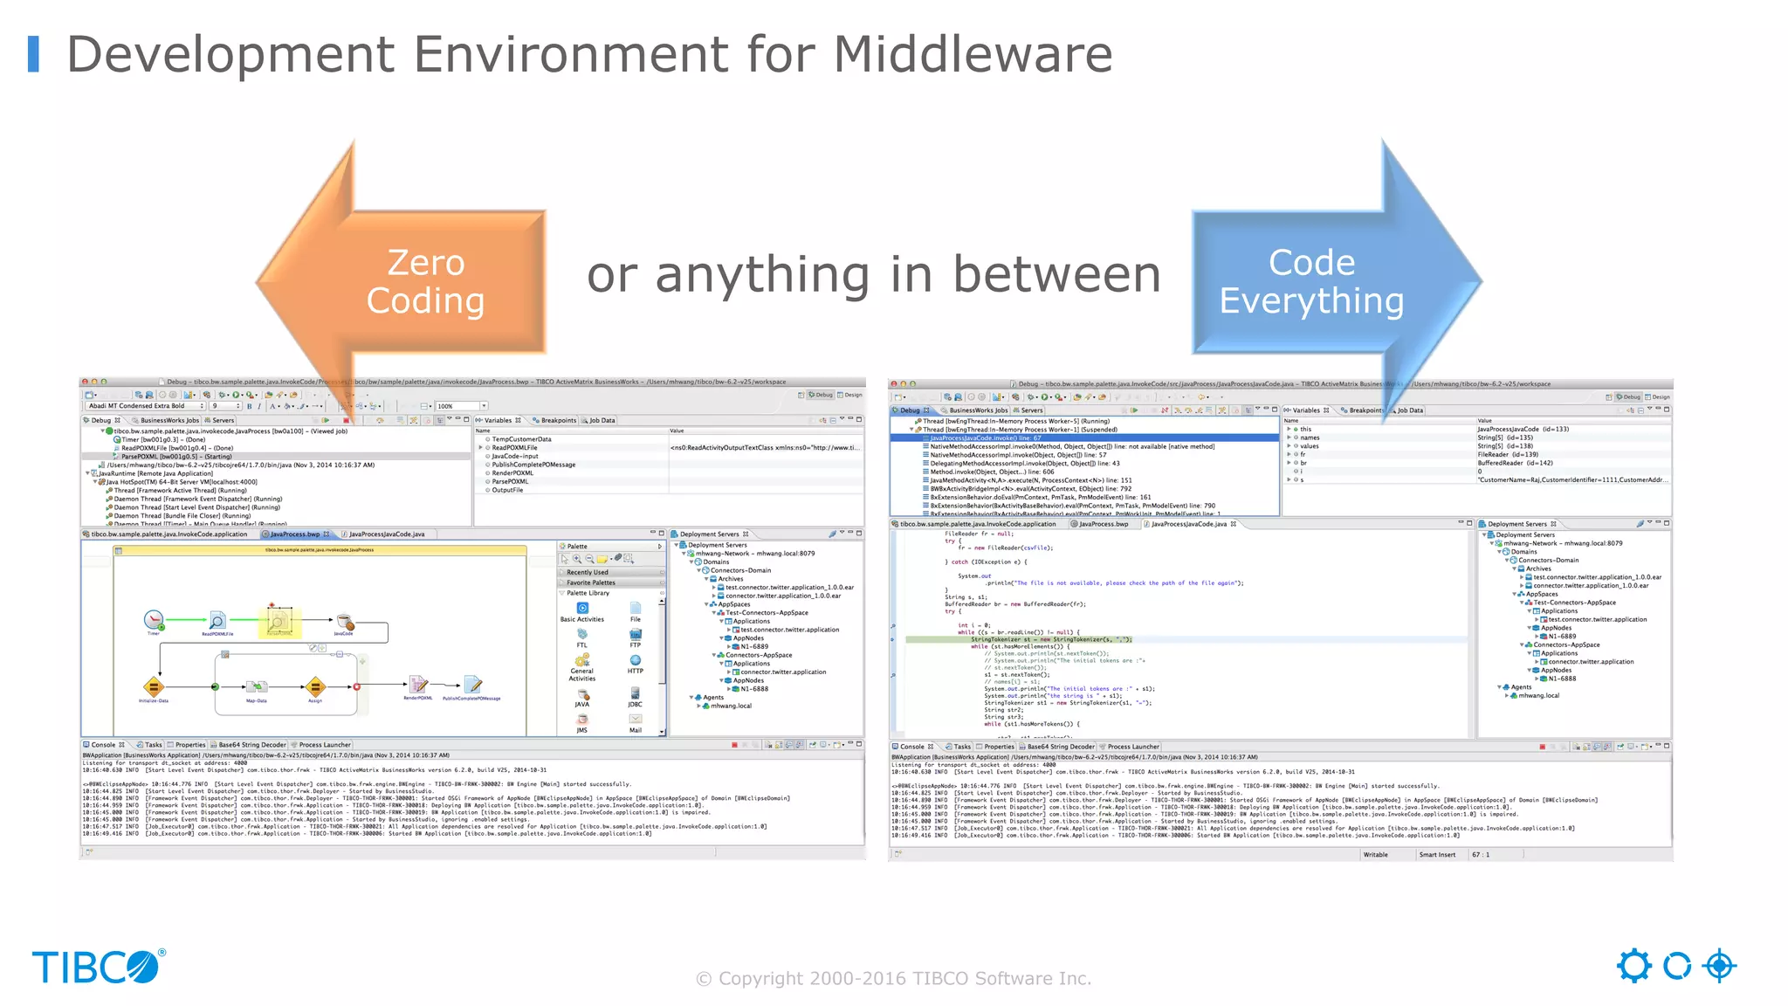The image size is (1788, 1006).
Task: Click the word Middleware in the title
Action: (973, 54)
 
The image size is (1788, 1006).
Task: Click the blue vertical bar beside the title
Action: (34, 54)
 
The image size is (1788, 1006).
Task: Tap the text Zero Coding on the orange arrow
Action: (425, 281)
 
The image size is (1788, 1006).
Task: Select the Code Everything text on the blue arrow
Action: (1311, 281)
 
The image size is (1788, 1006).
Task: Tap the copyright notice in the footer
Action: (893, 978)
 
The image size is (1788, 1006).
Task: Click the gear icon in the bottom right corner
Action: (1633, 966)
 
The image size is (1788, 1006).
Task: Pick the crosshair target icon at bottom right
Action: (1719, 966)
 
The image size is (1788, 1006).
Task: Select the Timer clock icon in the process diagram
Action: (154, 620)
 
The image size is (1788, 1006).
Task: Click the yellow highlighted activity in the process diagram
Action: (279, 622)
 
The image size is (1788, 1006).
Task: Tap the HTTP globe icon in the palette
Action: (636, 661)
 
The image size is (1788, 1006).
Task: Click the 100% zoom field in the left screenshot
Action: (459, 406)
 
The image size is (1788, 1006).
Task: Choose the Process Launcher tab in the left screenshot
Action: (325, 745)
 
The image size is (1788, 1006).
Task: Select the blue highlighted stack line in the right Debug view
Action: (1083, 438)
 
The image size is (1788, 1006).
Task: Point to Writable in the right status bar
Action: (1376, 855)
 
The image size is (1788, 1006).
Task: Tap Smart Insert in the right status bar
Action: (1437, 855)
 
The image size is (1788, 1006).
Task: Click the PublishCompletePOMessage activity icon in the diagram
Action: (472, 684)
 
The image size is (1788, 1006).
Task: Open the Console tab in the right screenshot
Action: (911, 747)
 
